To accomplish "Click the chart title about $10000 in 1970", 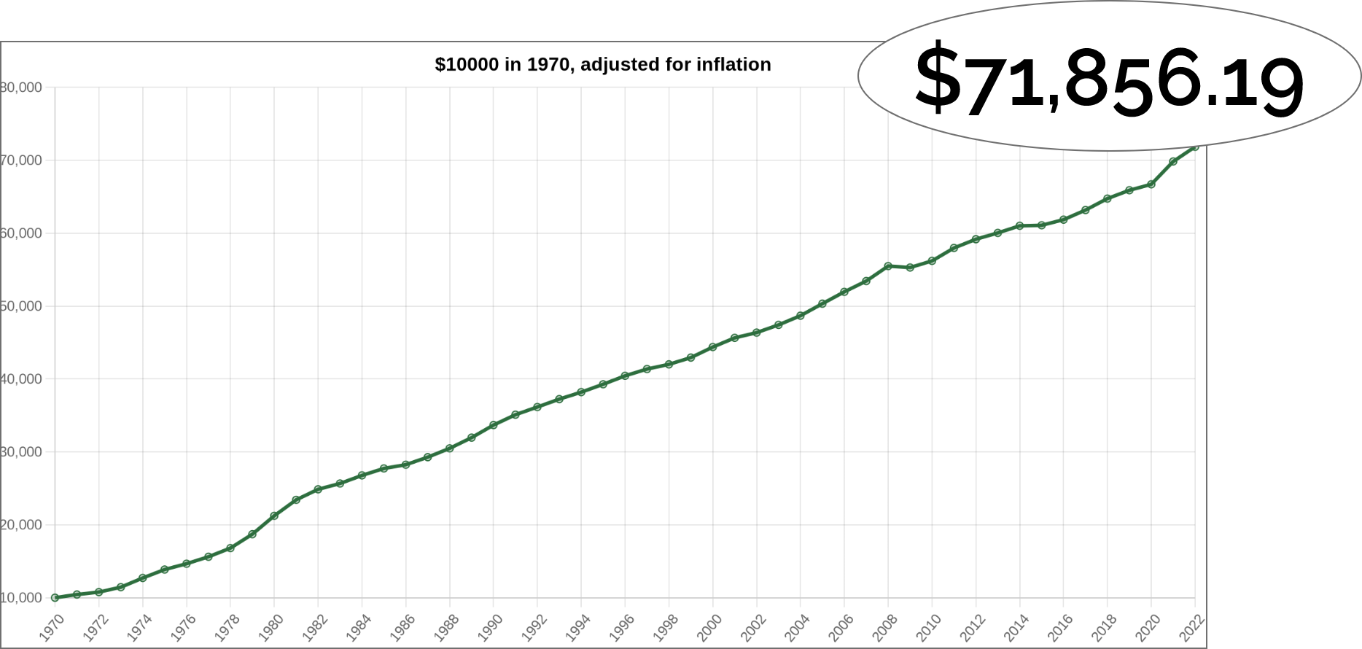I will (x=602, y=65).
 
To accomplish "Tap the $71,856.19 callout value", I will (x=1108, y=79).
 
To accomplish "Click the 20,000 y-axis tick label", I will (x=22, y=525).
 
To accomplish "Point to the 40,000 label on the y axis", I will (x=22, y=379).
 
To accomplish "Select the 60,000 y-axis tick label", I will (x=22, y=233).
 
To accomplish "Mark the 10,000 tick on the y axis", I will (x=22, y=598).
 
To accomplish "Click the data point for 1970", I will (x=55, y=598).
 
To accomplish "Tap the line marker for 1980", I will (x=274, y=516).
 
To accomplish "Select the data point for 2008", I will (x=888, y=266).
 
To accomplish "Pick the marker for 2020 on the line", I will (x=1151, y=184).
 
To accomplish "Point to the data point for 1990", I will (x=494, y=425).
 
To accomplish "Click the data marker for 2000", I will (x=712, y=347).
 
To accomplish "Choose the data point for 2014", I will (x=1019, y=226).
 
